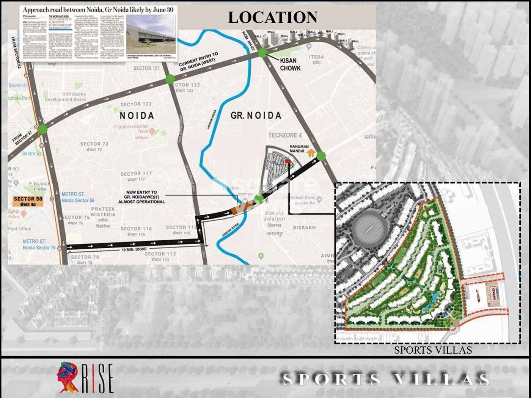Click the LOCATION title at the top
tap(272, 17)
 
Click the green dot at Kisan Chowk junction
tap(262, 53)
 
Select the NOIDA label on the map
tap(137, 115)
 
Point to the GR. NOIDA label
tap(256, 115)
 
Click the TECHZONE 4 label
tap(285, 135)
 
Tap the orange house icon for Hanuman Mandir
tap(311, 153)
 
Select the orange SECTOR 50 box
tap(28, 201)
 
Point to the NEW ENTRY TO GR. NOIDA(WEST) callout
tap(141, 197)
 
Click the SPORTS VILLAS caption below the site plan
tap(433, 350)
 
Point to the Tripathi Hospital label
tap(130, 126)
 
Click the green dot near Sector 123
tap(170, 79)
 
